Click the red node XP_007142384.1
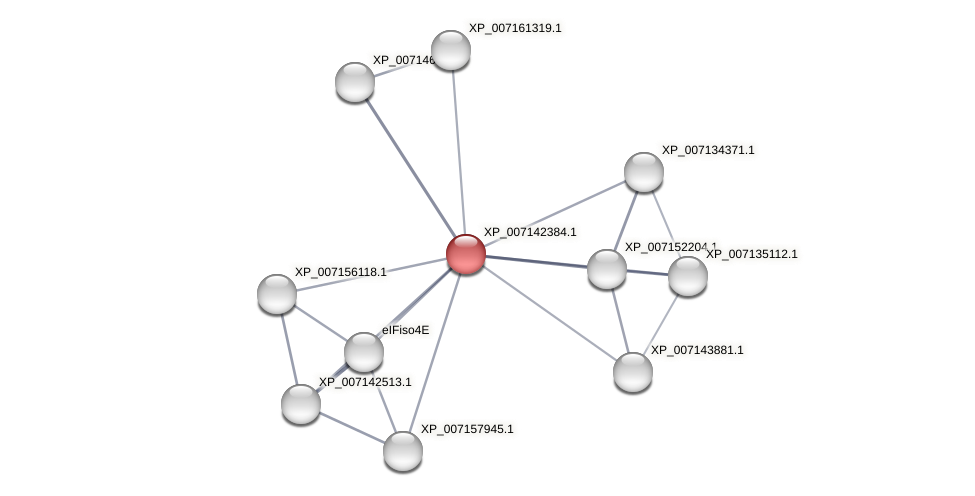pyautogui.click(x=466, y=254)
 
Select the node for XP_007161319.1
pyautogui.click(x=451, y=50)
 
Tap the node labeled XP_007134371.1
pyautogui.click(x=644, y=172)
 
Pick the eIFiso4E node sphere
pyautogui.click(x=364, y=352)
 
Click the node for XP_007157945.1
pyautogui.click(x=403, y=450)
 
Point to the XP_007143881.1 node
pyautogui.click(x=632, y=372)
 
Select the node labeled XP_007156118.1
pyautogui.click(x=277, y=294)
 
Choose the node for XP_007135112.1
pyautogui.click(x=687, y=276)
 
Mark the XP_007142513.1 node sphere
pyautogui.click(x=301, y=404)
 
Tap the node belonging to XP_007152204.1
pyautogui.click(x=607, y=269)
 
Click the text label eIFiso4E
pyautogui.click(x=405, y=330)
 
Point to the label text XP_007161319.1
pyautogui.click(x=515, y=28)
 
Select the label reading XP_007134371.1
pyautogui.click(x=707, y=150)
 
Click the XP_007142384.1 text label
pyautogui.click(x=529, y=232)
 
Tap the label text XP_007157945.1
pyautogui.click(x=466, y=429)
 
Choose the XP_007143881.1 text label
pyautogui.click(x=697, y=350)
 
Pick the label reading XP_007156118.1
pyautogui.click(x=340, y=272)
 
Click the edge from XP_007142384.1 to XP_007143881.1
pyautogui.click(x=549, y=313)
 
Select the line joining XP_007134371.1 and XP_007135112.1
pyautogui.click(x=665, y=223)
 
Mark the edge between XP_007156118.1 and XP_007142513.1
pyautogui.click(x=289, y=349)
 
